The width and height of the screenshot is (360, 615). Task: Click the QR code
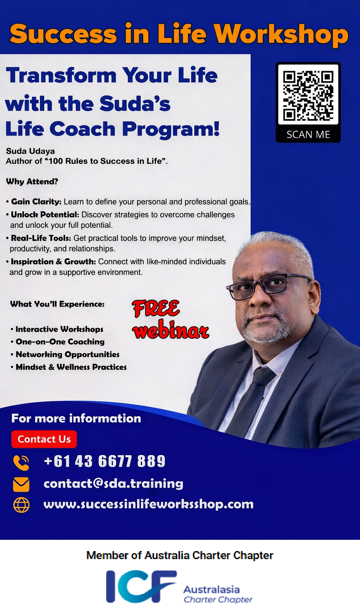click(308, 96)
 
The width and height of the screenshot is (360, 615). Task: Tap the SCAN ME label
click(308, 135)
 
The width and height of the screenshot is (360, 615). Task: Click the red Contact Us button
click(44, 439)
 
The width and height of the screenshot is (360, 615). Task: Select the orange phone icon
click(21, 462)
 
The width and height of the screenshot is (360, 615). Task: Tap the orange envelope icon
click(21, 484)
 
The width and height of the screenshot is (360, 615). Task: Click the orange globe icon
click(21, 505)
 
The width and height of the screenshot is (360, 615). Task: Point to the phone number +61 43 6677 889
click(104, 461)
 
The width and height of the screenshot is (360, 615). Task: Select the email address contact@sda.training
click(113, 484)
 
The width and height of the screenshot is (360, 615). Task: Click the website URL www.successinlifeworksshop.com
click(148, 504)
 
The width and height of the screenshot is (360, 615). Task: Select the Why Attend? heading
click(32, 182)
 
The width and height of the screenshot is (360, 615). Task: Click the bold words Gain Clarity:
click(36, 202)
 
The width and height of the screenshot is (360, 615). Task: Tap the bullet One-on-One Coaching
click(60, 342)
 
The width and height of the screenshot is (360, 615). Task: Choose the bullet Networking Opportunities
click(67, 355)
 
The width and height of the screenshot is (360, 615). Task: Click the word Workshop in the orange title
click(281, 34)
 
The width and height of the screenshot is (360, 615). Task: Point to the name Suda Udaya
click(30, 151)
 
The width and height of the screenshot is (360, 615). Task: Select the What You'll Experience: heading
click(57, 304)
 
